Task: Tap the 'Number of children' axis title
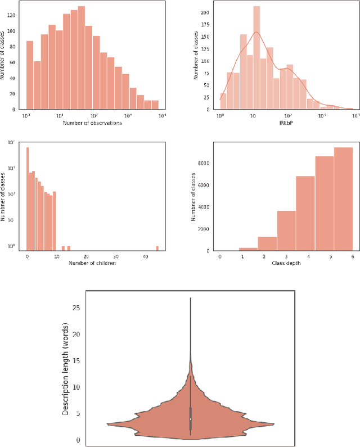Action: click(92, 263)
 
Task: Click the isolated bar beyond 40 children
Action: click(157, 248)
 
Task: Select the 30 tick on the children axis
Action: click(115, 256)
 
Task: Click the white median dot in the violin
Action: click(191, 419)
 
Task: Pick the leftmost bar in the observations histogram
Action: click(30, 75)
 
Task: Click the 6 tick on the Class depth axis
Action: click(352, 256)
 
